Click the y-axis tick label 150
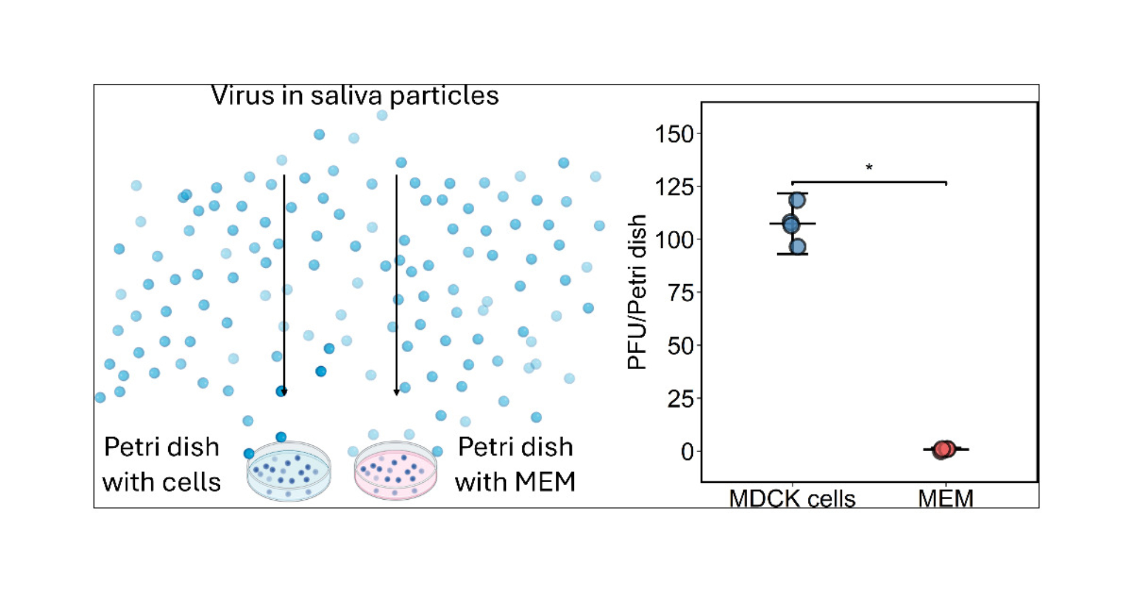coord(674,135)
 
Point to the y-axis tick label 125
coord(674,187)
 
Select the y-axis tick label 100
coord(674,239)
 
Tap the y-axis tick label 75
coord(680,293)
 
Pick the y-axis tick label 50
coord(680,345)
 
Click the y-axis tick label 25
coord(680,399)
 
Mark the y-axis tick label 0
coord(687,452)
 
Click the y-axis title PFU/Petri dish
coord(637,291)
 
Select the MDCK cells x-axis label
coord(792,499)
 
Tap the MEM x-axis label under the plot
coord(945,499)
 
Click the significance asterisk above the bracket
coord(869,168)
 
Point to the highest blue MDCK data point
coord(797,200)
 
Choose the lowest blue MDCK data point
coord(797,247)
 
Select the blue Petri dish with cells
coord(288,471)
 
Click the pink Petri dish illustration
coord(395,471)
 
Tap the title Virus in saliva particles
coord(355,96)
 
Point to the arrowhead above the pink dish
coord(397,392)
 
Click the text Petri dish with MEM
coord(515,465)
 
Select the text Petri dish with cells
coord(161,465)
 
